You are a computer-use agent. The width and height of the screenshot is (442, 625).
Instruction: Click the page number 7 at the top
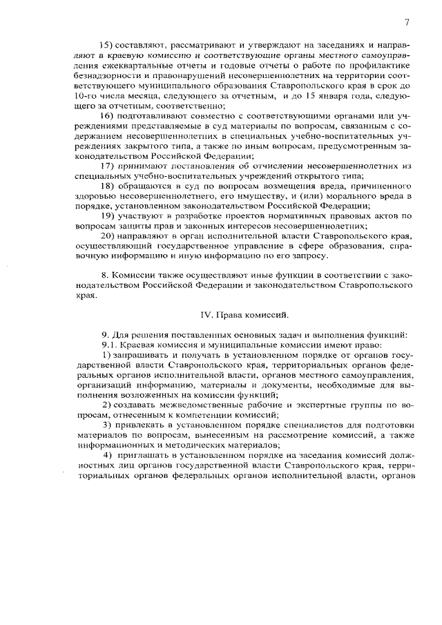tap(407, 22)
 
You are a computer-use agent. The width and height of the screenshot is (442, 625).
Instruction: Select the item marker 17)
tap(108, 167)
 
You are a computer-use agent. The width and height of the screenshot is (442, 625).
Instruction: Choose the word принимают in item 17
tap(147, 167)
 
